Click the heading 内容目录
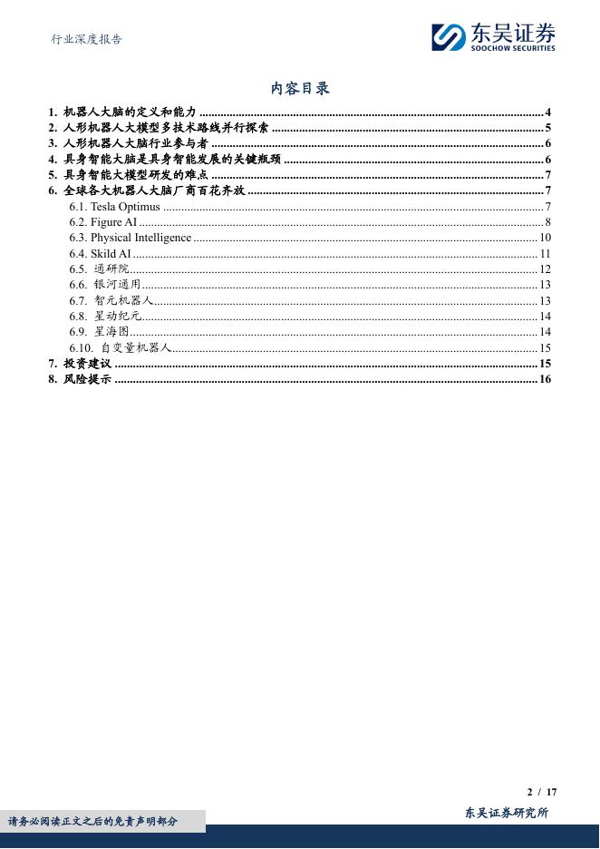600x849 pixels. (x=300, y=88)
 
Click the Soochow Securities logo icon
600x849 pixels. (x=448, y=37)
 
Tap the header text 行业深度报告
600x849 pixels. (x=87, y=39)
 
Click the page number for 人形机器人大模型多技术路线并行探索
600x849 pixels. (x=548, y=128)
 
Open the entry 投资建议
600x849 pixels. (x=87, y=364)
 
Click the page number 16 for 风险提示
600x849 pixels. (x=546, y=379)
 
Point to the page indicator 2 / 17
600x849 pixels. (x=542, y=792)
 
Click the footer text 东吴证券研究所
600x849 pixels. (x=507, y=813)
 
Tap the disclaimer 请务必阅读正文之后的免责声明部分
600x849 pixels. (x=93, y=822)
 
